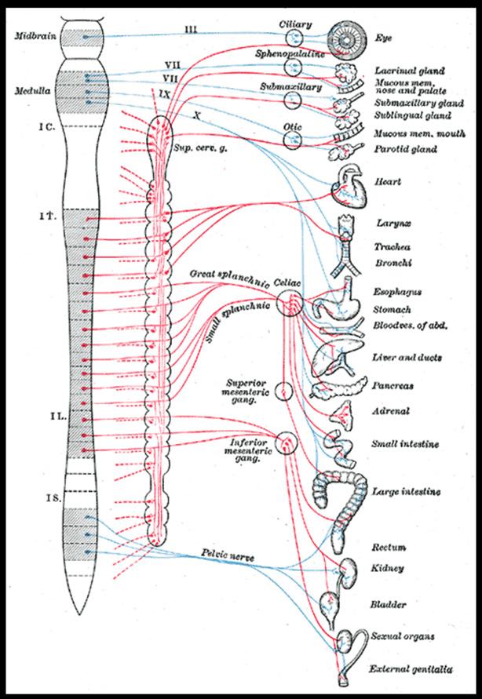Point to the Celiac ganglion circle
click(x=290, y=302)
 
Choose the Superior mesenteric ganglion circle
click(x=283, y=391)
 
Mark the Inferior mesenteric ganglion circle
click(x=284, y=443)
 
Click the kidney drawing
click(x=349, y=567)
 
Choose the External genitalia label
click(x=412, y=669)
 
